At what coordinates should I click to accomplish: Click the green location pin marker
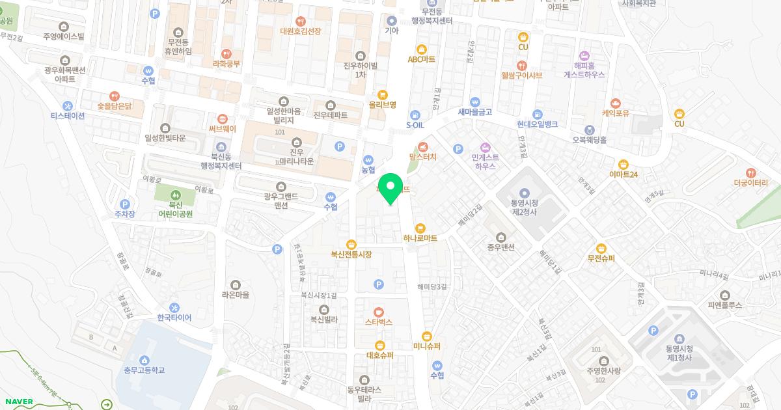(x=390, y=188)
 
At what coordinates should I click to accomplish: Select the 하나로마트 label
(x=420, y=238)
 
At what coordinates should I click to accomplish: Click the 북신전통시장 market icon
(x=351, y=244)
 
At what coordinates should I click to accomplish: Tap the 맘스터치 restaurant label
(x=423, y=157)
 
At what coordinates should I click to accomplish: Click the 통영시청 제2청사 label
(x=524, y=207)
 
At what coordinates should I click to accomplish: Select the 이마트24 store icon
(x=623, y=164)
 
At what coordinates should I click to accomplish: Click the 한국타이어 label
(x=174, y=318)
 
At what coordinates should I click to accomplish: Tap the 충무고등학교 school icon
(x=144, y=360)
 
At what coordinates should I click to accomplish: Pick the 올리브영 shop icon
(x=383, y=94)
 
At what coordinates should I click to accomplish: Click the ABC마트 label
(x=421, y=59)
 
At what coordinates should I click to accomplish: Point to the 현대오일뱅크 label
(x=538, y=124)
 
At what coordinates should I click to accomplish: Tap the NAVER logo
(x=18, y=402)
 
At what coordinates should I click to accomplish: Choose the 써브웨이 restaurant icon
(x=223, y=118)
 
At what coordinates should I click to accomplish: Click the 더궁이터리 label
(x=751, y=184)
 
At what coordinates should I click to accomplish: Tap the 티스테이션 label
(x=68, y=116)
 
